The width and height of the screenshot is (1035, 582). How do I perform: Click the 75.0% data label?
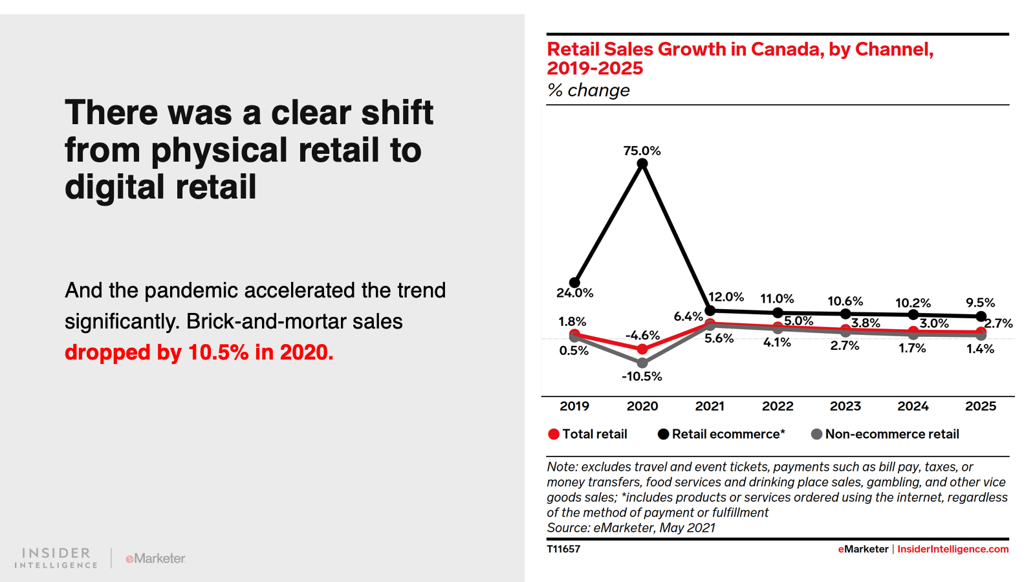coord(642,151)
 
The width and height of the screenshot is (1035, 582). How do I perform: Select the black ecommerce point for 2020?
coord(642,164)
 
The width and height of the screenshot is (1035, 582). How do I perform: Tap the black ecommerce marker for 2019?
coord(574,283)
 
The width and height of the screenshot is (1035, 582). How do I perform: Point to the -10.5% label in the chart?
coord(642,376)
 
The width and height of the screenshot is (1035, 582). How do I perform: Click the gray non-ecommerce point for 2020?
coord(642,363)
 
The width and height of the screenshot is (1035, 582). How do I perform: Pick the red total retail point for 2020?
coord(642,349)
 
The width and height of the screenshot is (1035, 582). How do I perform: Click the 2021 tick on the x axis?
coord(710,406)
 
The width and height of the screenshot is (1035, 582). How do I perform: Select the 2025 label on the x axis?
coord(981,406)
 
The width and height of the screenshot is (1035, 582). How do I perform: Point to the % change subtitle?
coord(588,90)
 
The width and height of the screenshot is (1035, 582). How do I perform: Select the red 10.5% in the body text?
coord(218,352)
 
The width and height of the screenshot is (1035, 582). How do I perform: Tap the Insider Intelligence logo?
coord(56,558)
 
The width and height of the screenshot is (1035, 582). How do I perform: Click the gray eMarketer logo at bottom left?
coord(155,558)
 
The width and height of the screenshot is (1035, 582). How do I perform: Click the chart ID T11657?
coord(563,549)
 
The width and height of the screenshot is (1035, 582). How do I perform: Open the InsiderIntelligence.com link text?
coord(953,549)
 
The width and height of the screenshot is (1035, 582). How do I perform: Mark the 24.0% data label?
coord(574,293)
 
